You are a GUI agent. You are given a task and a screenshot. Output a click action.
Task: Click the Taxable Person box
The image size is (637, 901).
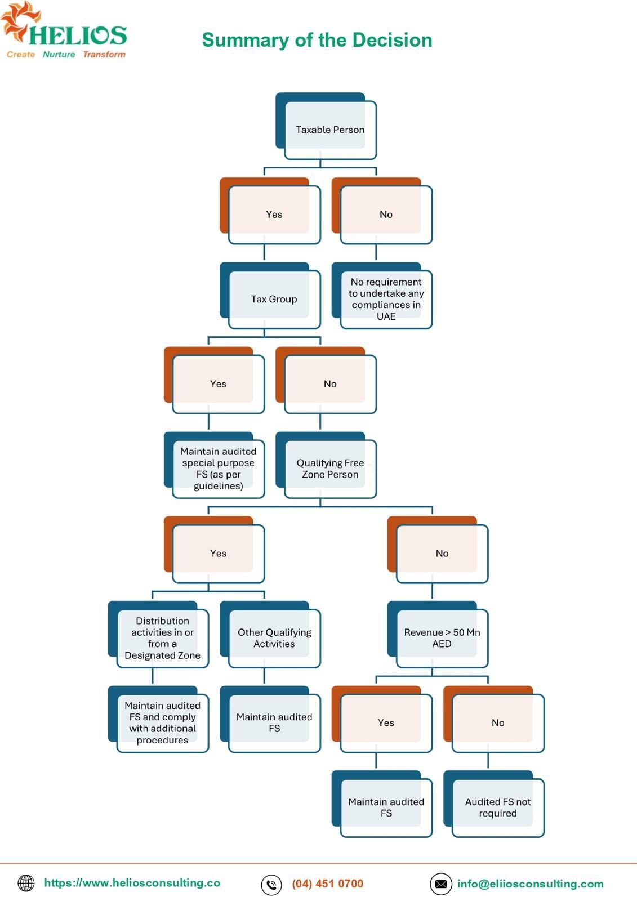326,126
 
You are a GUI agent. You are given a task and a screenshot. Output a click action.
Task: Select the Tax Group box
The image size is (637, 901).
270,296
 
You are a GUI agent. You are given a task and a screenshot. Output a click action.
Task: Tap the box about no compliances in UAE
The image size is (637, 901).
382,296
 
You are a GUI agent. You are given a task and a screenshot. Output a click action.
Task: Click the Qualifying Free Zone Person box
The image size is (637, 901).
326,465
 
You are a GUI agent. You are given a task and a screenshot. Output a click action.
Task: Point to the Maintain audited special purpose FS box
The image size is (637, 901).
214,465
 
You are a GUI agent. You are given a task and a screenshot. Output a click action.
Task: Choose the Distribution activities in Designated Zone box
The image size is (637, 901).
158,635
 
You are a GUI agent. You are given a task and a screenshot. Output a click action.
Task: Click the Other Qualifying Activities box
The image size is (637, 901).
270,635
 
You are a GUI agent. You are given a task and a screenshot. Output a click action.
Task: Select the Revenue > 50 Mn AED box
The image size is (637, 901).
438,635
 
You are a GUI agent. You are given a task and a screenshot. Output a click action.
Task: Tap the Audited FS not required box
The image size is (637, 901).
494,804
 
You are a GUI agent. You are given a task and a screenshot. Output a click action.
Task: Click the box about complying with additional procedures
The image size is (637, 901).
158,719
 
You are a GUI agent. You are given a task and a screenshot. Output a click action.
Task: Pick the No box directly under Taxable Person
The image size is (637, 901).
382,211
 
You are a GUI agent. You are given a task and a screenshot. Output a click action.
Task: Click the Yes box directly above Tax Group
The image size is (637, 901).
270,211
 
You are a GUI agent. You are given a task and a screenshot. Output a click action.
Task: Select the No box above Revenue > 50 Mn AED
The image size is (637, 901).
438,550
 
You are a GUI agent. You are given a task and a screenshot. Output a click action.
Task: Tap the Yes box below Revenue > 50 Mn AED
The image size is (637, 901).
382,719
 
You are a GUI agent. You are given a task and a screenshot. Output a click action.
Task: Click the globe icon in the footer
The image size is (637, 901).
26,884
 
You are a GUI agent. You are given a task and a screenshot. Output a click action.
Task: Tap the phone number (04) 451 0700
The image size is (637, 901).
328,884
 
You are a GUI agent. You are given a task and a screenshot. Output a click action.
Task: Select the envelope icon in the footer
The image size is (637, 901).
441,884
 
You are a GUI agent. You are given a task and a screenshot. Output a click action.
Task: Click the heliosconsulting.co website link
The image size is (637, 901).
132,883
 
